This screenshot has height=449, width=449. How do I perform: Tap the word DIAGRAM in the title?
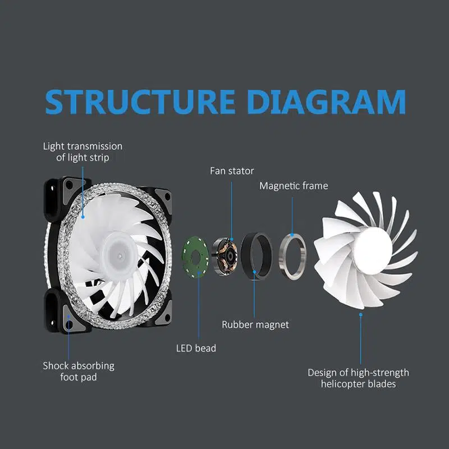pos(326,101)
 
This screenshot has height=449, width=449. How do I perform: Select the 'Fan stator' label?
pos(232,171)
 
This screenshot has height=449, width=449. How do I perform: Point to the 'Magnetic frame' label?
pos(294,186)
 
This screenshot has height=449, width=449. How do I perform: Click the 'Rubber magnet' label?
pos(255,324)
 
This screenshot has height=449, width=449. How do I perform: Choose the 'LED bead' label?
pos(196,348)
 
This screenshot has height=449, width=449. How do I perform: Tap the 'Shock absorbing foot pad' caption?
pos(79,371)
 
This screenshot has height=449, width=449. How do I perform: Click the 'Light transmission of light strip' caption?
pos(83,152)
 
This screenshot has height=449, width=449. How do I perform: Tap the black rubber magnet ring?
pos(256,255)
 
